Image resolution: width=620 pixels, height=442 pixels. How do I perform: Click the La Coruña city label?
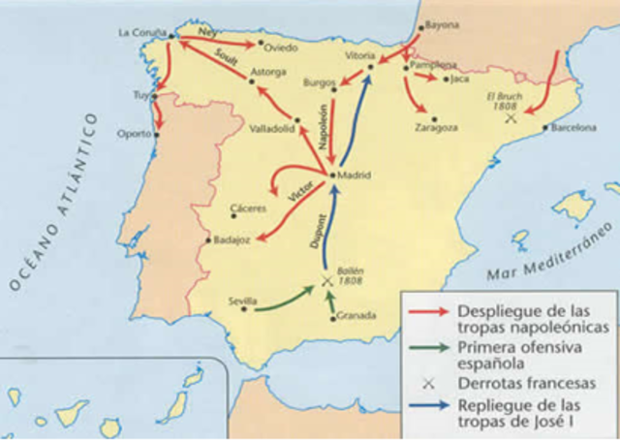tap(139, 31)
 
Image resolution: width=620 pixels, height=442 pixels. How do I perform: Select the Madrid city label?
tap(356, 175)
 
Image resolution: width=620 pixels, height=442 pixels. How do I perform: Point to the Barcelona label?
tap(573, 127)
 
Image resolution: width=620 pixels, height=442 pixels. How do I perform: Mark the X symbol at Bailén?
tap(327, 281)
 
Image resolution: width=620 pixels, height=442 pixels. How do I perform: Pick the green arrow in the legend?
tap(425, 348)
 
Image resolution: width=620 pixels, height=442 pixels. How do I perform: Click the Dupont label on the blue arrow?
tap(317, 231)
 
